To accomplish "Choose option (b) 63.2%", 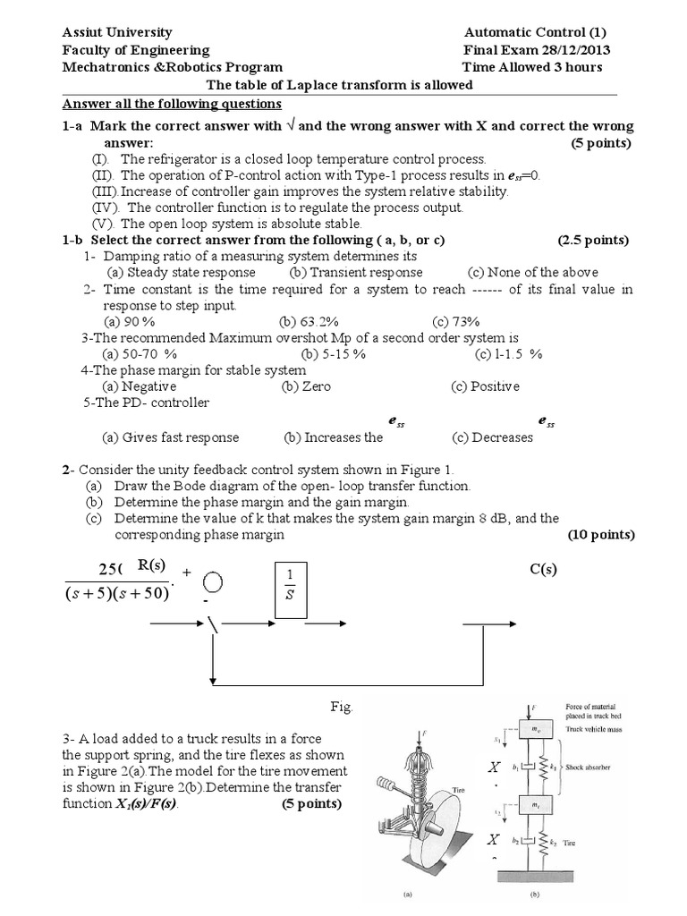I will pyautogui.click(x=308, y=322).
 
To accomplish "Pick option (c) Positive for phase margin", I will pyautogui.click(x=486, y=386).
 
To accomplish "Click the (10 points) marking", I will pyautogui.click(x=601, y=535).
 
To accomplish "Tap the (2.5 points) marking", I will pyautogui.click(x=594, y=241).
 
